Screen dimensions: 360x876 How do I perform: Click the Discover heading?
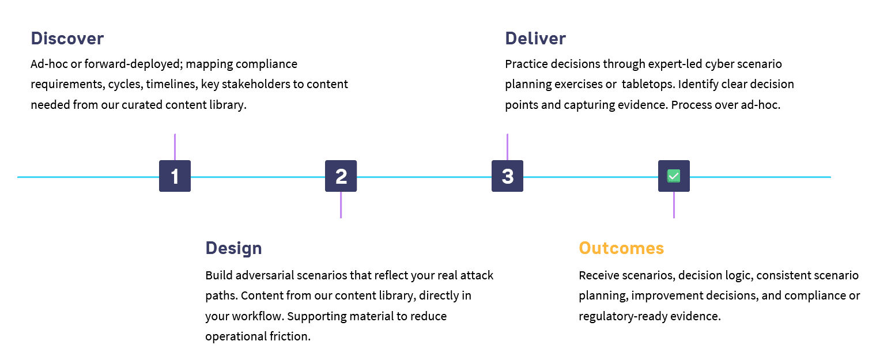[x=67, y=39]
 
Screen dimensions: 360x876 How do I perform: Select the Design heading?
[x=233, y=248]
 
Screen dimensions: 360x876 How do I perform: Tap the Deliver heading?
[x=535, y=39]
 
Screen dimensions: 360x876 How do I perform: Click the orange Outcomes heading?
[x=621, y=248]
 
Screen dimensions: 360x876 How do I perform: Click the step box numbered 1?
[x=175, y=176]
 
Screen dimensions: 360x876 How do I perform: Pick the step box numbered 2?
[x=341, y=176]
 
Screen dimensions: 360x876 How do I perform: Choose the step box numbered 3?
[x=507, y=176]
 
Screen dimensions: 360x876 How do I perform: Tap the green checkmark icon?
[x=674, y=176]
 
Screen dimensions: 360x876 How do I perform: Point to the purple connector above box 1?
[x=175, y=147]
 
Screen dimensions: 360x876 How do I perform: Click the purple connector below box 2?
[x=341, y=205]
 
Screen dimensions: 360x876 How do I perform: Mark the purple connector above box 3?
[x=507, y=147]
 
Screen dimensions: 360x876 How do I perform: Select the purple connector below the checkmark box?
[x=674, y=205]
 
